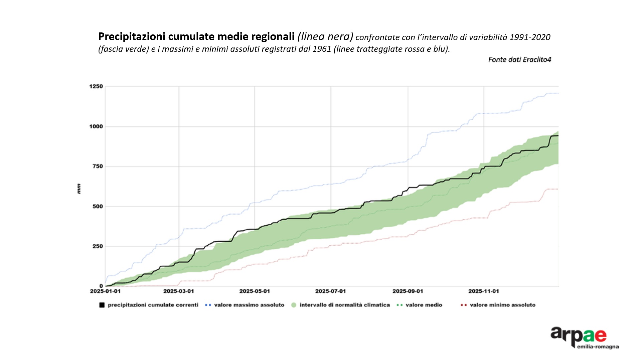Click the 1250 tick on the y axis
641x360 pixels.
click(x=96, y=87)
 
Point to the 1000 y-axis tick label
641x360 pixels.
click(x=96, y=127)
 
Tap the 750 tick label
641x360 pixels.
click(x=98, y=166)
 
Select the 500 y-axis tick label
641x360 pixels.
click(x=98, y=207)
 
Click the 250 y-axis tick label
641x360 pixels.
click(x=98, y=246)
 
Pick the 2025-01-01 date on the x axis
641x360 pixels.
click(x=105, y=291)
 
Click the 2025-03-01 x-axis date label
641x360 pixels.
click(x=179, y=291)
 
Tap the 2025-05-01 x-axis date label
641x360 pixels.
click(x=255, y=291)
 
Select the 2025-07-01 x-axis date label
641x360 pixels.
click(x=331, y=291)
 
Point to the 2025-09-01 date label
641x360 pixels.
click(x=408, y=291)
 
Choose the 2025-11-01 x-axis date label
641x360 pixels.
click(x=484, y=291)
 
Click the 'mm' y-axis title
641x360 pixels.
click(x=79, y=189)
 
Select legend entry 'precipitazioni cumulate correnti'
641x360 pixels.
click(x=153, y=305)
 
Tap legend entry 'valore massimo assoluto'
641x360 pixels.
click(x=249, y=305)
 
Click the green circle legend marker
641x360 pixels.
click(x=294, y=305)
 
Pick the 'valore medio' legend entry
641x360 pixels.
click(x=424, y=305)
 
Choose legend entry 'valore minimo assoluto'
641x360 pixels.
click(x=502, y=305)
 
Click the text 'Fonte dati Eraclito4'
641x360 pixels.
click(x=519, y=59)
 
